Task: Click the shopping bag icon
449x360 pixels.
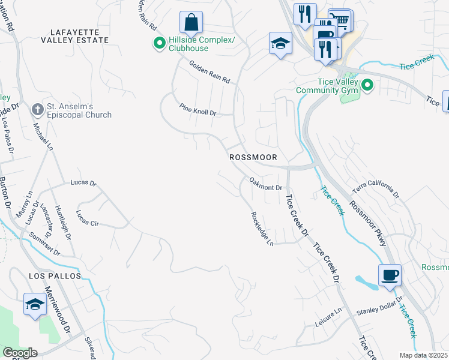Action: coord(191,23)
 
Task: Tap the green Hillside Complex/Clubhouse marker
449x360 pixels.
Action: coord(159,43)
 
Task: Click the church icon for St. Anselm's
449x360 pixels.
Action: coord(37,110)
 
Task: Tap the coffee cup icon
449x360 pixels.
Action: coord(390,275)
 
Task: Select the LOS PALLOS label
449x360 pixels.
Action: coord(54,275)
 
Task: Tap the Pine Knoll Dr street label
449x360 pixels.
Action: coord(197,109)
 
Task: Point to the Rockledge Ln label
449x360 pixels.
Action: coord(262,229)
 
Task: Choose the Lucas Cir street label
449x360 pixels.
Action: coord(88,218)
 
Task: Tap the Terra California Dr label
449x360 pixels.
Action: coord(376,188)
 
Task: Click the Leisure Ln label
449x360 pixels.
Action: coord(328,319)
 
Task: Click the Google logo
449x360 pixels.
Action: coord(19,353)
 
